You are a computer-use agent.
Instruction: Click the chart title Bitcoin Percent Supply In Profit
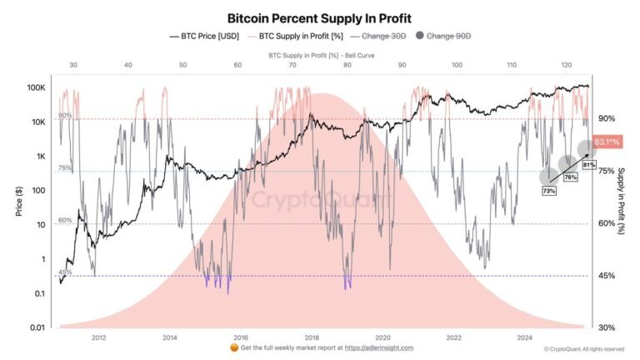(x=319, y=16)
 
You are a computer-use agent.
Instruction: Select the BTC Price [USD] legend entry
(x=208, y=37)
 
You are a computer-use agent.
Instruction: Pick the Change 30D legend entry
(x=378, y=37)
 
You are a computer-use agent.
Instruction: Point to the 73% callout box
(x=549, y=191)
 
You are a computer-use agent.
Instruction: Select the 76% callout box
(x=571, y=177)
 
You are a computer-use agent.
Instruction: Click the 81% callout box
(x=588, y=165)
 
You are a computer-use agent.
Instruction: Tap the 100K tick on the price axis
(x=35, y=87)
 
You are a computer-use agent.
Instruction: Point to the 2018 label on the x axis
(x=312, y=337)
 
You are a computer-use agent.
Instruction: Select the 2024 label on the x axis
(x=525, y=337)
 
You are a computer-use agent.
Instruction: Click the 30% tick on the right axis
(x=607, y=327)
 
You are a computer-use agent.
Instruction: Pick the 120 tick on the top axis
(x=566, y=65)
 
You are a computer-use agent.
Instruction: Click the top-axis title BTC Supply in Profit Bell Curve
(x=319, y=54)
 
